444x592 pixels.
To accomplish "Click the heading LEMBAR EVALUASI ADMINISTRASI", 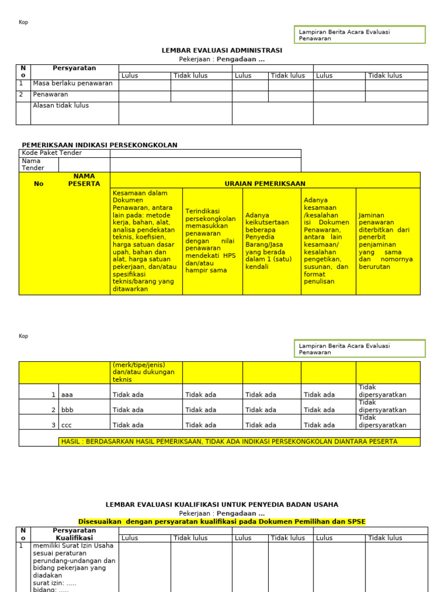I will [222, 50].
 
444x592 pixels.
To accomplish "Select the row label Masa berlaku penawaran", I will [73, 83].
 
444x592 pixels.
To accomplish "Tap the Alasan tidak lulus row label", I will [61, 106].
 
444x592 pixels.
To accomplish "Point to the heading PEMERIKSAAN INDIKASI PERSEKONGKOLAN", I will [99, 145].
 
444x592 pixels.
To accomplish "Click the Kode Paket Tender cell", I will [52, 153].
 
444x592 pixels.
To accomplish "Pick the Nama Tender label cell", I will [32, 165].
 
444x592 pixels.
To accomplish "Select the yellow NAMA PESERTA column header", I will [84, 180].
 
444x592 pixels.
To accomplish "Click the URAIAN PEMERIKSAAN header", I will [265, 184].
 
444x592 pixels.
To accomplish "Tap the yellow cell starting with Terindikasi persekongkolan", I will [211, 240].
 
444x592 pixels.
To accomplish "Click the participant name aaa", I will [67, 395].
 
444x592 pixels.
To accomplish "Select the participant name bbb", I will [67, 410].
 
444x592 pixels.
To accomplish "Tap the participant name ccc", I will [67, 425].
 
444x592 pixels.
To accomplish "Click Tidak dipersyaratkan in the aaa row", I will [383, 391].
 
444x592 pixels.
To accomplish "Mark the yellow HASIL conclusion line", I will [229, 442].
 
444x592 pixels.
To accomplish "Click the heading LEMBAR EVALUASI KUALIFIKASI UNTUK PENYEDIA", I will [222, 505].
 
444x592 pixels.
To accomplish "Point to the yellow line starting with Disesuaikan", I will [222, 521].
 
